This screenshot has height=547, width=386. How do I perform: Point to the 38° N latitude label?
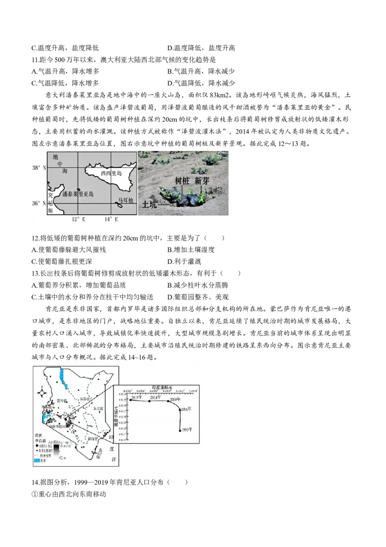tap(39, 168)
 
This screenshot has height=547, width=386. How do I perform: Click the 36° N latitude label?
tap(39, 203)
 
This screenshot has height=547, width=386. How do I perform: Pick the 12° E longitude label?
tap(78, 219)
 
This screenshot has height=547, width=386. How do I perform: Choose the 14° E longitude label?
tap(112, 219)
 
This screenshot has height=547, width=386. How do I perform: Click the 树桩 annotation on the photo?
tap(182, 181)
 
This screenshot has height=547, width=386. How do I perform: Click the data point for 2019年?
tap(131, 400)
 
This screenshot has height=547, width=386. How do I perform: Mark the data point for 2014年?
tap(150, 401)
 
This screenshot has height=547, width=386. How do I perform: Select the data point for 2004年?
tap(180, 410)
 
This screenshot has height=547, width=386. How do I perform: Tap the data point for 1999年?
tap(180, 430)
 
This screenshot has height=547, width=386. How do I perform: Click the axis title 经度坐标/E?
tap(160, 388)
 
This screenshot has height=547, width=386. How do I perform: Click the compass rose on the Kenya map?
tap(41, 392)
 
